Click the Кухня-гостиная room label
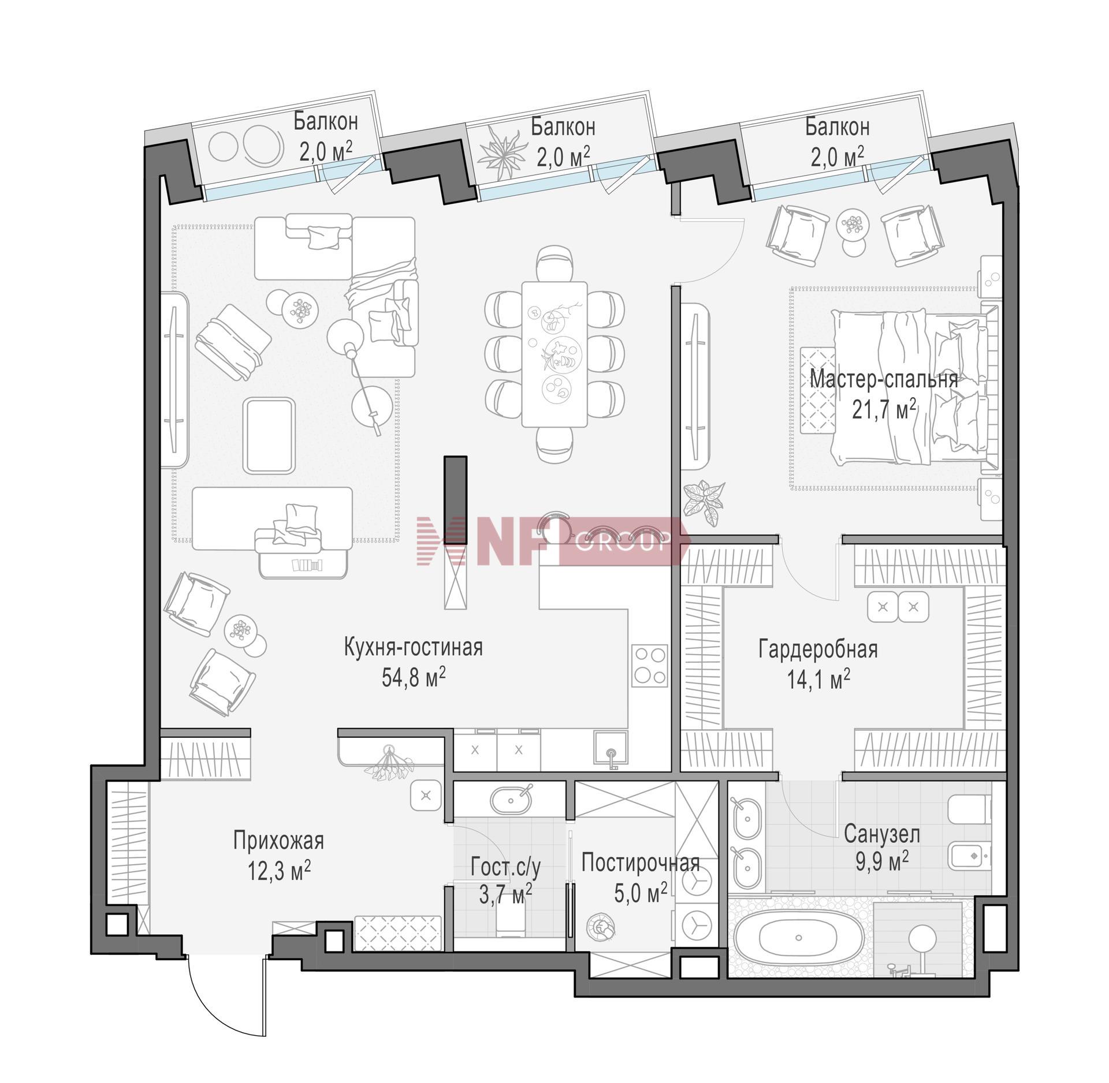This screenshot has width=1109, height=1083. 413,648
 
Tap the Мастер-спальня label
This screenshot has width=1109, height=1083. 884,379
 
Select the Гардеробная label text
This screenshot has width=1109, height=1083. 818,649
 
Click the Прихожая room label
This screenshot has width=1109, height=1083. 278,841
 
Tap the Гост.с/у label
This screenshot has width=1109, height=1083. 505,868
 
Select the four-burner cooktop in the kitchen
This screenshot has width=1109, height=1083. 650,665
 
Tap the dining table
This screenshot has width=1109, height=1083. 554,354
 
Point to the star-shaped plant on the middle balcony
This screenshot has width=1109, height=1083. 500,147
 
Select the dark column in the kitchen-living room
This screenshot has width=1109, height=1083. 455,499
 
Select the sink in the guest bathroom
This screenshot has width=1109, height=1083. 510,799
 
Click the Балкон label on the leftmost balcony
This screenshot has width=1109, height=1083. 326,121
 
